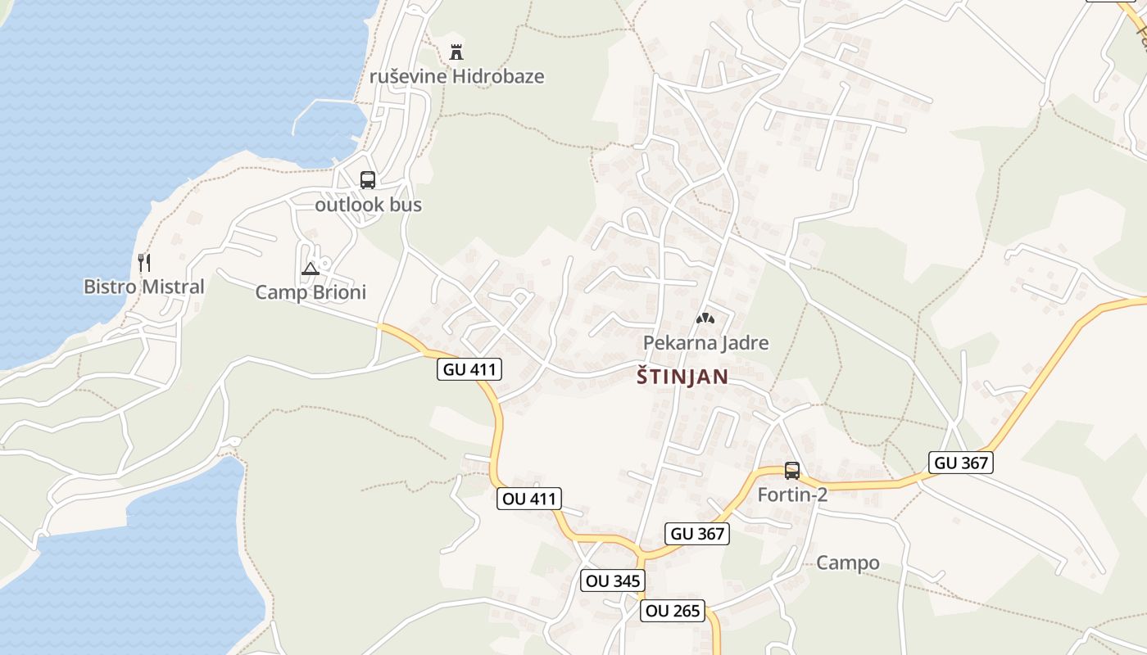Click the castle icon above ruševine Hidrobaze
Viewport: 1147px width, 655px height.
[456, 52]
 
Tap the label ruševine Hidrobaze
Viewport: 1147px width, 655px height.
[457, 76]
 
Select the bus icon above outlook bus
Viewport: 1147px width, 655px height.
[367, 180]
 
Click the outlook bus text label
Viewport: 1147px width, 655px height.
[369, 205]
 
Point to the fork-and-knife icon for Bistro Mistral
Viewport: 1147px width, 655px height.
[144, 262]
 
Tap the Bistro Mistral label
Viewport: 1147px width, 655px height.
[144, 287]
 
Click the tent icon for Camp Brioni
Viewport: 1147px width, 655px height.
[311, 269]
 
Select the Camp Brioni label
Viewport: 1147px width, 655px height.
[311, 292]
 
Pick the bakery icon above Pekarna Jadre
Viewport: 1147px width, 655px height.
[705, 318]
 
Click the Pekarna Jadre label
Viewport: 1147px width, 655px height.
[706, 342]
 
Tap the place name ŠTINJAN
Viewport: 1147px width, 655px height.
[682, 377]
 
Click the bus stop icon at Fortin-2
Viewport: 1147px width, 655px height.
[791, 470]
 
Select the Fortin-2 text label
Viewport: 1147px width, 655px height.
[792, 495]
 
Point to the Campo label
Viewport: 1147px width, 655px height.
[848, 562]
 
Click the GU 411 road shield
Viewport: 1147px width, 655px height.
[469, 369]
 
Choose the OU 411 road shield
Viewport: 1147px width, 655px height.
[528, 498]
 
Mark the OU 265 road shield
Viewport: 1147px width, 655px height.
[673, 610]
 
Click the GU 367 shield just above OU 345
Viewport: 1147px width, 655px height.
[697, 534]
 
